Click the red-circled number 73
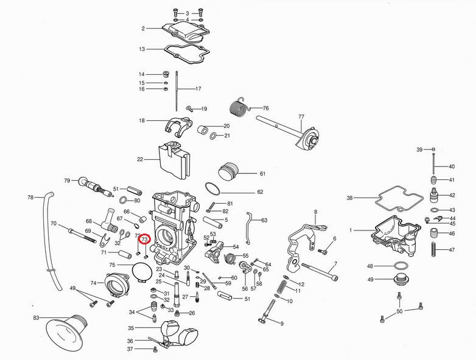pyautogui.click(x=144, y=240)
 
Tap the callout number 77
pyautogui.click(x=301, y=117)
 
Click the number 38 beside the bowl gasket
pyautogui.click(x=350, y=198)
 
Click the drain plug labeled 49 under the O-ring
pyautogui.click(x=401, y=279)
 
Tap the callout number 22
pyautogui.click(x=140, y=159)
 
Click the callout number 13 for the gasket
pyautogui.click(x=142, y=49)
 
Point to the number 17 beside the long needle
pyautogui.click(x=198, y=89)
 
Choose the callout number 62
pyautogui.click(x=260, y=192)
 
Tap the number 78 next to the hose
pyautogui.click(x=30, y=198)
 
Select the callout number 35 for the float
pyautogui.click(x=131, y=328)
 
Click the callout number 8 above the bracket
pyautogui.click(x=316, y=212)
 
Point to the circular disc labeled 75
pyautogui.click(x=142, y=272)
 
